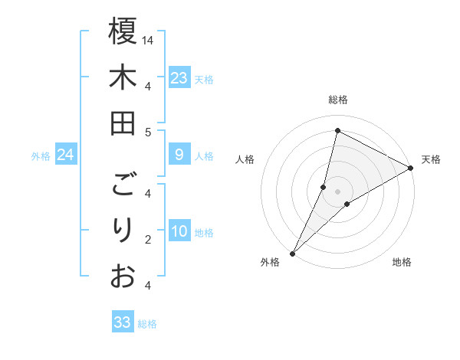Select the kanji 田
coord(123,123)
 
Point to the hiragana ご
coord(123,185)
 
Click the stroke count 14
coord(148,40)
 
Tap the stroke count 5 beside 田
coord(148,132)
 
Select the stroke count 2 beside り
coord(148,240)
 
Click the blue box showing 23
coord(179,78)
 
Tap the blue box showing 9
coord(179,155)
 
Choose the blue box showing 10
coord(179,231)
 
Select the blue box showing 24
coord(65,155)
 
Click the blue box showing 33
coord(123,322)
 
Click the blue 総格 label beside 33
coord(147,324)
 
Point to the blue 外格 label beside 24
coord(40,156)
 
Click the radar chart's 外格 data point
coord(292,253)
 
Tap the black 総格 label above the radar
coord(338,100)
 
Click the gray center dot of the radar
coord(337,191)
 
